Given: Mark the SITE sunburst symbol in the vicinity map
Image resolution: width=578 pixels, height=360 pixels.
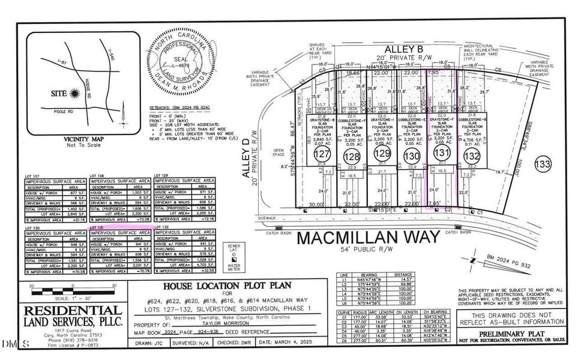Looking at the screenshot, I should click(x=74, y=93).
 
